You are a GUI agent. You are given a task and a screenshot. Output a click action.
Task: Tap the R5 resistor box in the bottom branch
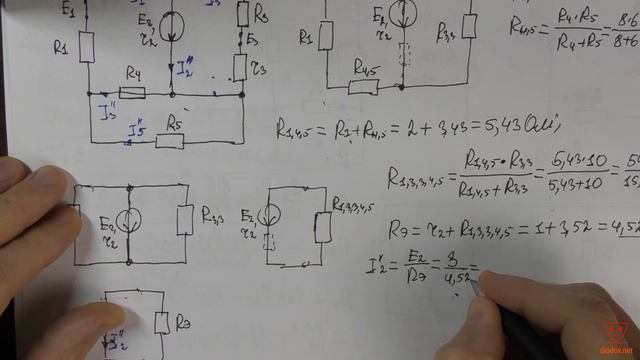[171, 141]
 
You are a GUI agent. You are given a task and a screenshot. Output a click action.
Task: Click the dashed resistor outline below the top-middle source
[406, 53]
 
